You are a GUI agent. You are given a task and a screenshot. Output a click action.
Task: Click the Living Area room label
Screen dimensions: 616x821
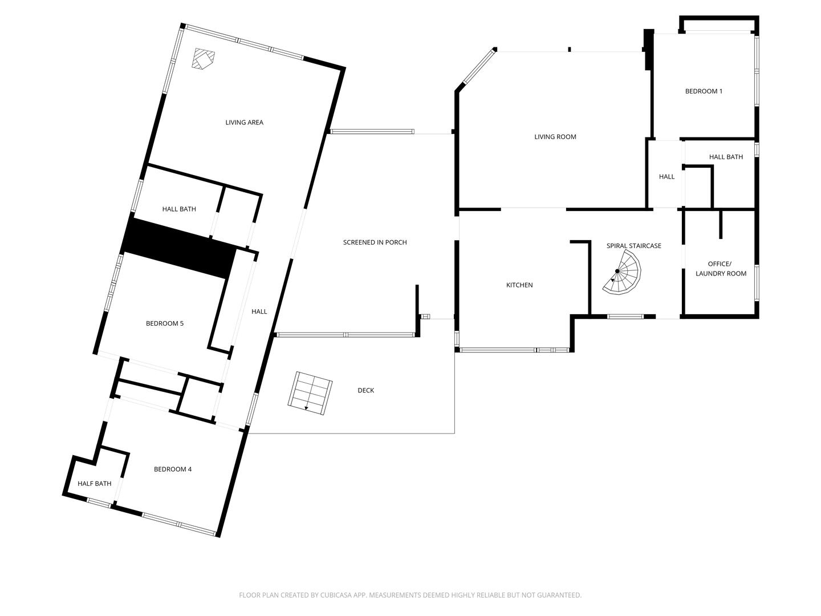244,122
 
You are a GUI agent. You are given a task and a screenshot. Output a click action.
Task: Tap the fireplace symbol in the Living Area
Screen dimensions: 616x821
203,59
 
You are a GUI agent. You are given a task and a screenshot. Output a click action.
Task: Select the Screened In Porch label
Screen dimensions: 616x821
375,242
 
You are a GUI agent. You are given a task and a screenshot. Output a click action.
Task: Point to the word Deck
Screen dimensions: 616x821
365,390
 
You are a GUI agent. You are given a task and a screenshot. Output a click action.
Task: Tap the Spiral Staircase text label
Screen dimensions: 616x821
633,245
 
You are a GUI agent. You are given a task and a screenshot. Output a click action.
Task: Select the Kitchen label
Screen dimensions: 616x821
519,285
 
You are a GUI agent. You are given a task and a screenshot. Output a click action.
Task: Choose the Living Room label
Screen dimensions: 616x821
555,136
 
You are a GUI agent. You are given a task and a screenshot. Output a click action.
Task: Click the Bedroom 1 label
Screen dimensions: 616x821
704,91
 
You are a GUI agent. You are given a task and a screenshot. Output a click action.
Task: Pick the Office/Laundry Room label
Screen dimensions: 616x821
721,269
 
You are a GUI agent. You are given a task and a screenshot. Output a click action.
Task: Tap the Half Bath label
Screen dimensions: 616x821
95,483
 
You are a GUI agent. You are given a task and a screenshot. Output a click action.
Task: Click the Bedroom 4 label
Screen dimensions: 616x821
173,469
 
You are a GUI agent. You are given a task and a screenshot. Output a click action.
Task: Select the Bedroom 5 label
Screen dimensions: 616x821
165,323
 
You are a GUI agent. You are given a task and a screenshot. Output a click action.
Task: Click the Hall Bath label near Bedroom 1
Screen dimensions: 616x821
726,156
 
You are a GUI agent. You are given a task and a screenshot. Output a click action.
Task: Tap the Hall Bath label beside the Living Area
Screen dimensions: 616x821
179,209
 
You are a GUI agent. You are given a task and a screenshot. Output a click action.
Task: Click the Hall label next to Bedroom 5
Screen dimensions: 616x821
259,311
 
